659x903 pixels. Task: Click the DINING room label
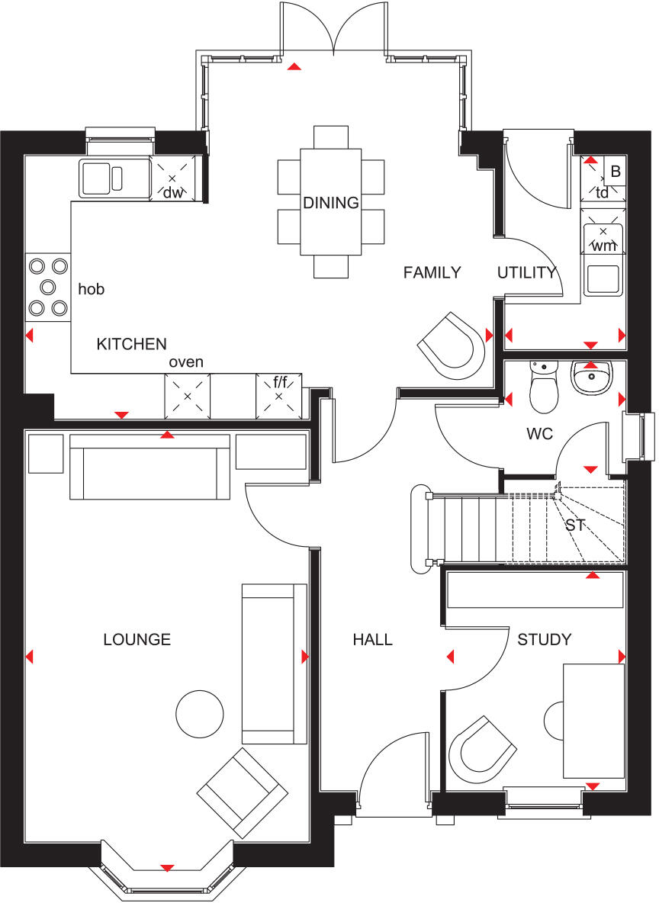pyautogui.click(x=330, y=203)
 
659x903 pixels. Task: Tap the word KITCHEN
pyautogui.click(x=131, y=344)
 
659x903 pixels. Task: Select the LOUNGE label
pyautogui.click(x=137, y=639)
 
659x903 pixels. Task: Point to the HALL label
pyautogui.click(x=372, y=639)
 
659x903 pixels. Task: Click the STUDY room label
pyautogui.click(x=544, y=639)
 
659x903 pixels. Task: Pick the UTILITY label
pyautogui.click(x=526, y=272)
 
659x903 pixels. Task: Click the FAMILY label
pyautogui.click(x=432, y=272)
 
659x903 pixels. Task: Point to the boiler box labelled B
pyautogui.click(x=616, y=172)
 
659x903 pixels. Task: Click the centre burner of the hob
pyautogui.click(x=48, y=287)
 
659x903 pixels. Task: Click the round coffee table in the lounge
pyautogui.click(x=200, y=715)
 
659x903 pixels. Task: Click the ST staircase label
pyautogui.click(x=574, y=525)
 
